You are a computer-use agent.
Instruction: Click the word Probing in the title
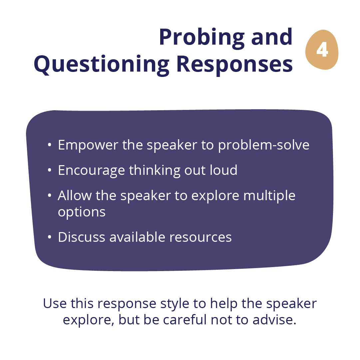click(x=202, y=38)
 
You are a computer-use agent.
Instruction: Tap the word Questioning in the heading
click(x=102, y=65)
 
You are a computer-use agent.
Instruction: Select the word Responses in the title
click(x=234, y=65)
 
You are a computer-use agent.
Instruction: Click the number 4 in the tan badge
click(x=322, y=50)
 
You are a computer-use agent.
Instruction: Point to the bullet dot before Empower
click(x=49, y=145)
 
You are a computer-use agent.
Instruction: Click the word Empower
click(x=88, y=145)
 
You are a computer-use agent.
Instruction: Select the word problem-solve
click(x=264, y=145)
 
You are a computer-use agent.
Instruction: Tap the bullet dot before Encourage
click(x=49, y=170)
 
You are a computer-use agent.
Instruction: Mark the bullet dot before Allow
click(x=49, y=195)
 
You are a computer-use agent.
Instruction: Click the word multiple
click(x=269, y=196)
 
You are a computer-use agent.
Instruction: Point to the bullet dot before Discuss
click(x=49, y=237)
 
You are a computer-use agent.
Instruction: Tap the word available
click(x=137, y=237)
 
